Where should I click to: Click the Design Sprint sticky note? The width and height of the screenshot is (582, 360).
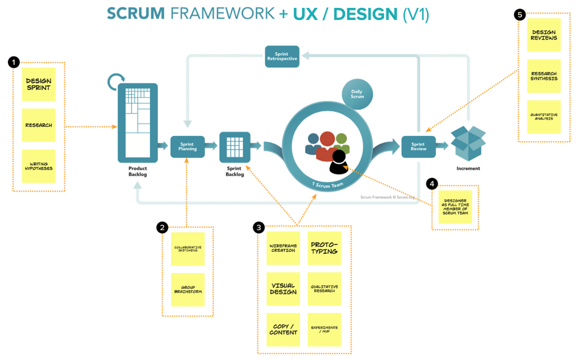coord(39,84)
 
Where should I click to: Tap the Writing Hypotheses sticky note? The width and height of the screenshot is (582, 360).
coord(39,166)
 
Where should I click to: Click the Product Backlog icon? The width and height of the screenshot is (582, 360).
coord(137,122)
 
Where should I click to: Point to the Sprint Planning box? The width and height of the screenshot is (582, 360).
coord(187,146)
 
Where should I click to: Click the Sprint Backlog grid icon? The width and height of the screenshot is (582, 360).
coord(235,146)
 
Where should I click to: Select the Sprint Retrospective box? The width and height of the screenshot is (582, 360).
coord(282,57)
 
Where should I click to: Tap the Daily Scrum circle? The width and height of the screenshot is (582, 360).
coord(357,93)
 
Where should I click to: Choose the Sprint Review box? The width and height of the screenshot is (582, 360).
coord(418,146)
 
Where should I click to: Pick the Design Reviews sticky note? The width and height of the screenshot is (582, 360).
coord(544,35)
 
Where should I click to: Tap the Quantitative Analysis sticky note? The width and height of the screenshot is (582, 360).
coord(544,117)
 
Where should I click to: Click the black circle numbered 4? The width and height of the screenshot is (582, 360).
coord(433,184)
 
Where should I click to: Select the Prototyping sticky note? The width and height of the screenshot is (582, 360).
coord(324,248)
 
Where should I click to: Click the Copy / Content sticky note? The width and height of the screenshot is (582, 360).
coord(283,329)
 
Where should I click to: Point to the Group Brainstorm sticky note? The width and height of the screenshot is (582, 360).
coord(188,289)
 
